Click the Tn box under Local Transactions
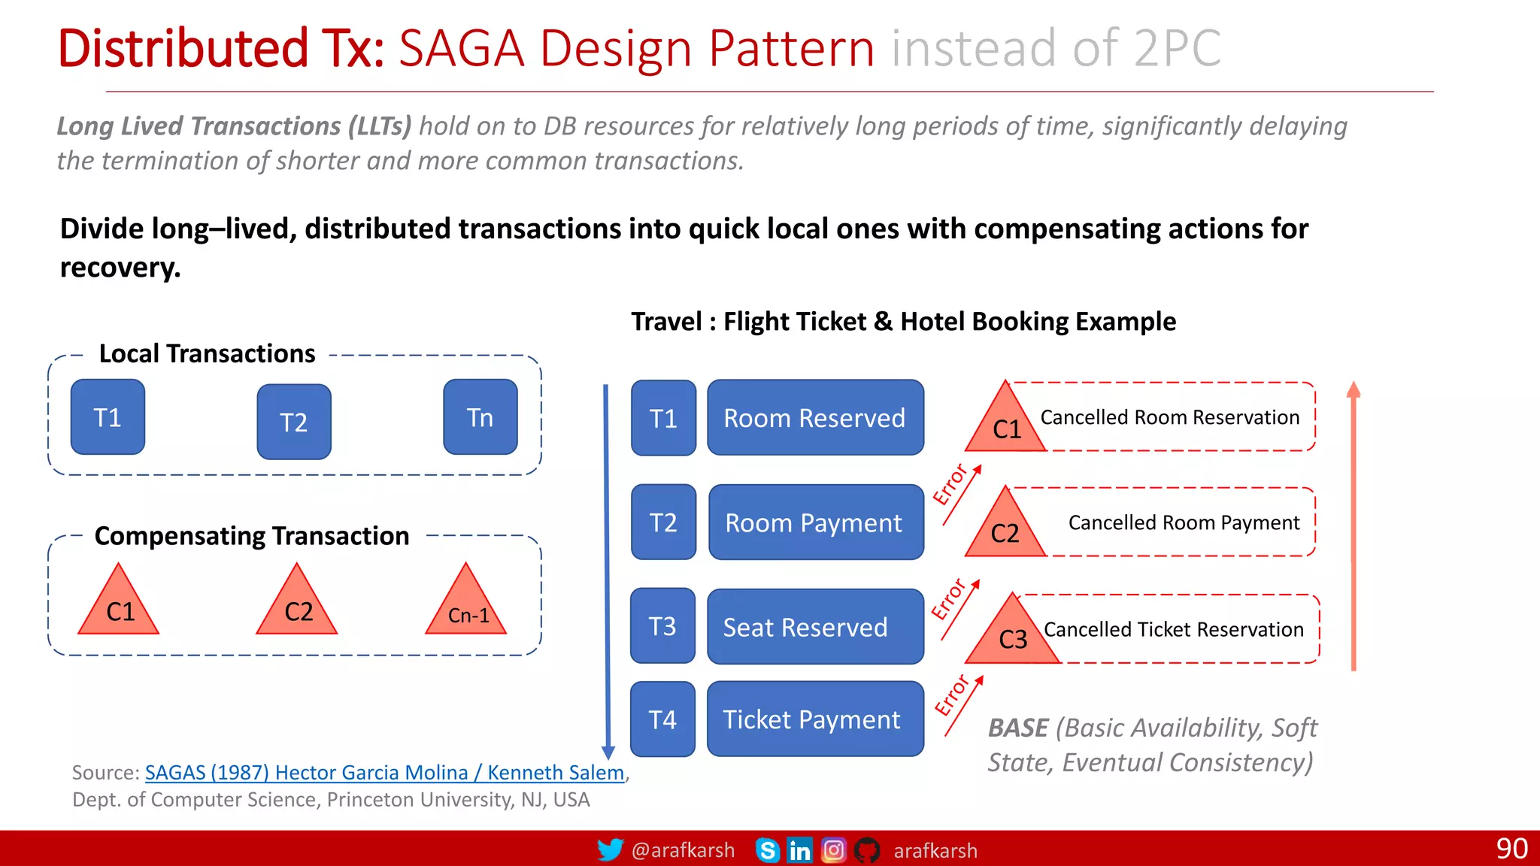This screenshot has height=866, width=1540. point(480,417)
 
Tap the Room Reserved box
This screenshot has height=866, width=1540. point(815,418)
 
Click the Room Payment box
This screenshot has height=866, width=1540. point(815,522)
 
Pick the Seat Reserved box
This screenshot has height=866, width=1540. point(815,627)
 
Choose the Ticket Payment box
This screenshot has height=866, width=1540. point(815,719)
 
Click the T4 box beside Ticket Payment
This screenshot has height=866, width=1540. point(662,719)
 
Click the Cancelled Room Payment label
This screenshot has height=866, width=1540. point(1184,522)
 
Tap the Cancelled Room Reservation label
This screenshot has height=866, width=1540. point(1169,417)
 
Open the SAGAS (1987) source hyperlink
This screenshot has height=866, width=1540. point(384,772)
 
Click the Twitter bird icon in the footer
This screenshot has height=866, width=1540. point(610,850)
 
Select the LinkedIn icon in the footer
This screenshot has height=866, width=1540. point(799,850)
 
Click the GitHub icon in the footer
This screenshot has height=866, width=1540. point(867,850)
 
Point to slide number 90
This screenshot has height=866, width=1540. point(1511,849)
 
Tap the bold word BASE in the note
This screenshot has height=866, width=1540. point(1017,728)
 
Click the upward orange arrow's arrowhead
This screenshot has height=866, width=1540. point(1354,389)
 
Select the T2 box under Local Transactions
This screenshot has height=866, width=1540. point(294,422)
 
